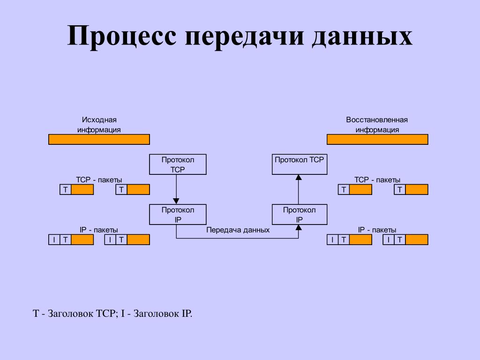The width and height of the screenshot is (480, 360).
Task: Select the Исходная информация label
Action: (99, 125)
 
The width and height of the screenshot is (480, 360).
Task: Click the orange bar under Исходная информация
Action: (99, 139)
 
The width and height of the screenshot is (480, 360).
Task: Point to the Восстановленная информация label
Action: (377, 125)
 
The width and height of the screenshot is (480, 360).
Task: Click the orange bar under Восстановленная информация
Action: (377, 139)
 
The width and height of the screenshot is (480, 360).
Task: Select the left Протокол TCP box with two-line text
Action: (178, 165)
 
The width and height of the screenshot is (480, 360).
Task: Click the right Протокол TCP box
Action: (300, 165)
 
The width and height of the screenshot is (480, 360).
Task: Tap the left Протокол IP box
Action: (178, 214)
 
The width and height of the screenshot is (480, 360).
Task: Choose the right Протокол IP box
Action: (300, 214)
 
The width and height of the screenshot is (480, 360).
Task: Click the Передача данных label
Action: (238, 230)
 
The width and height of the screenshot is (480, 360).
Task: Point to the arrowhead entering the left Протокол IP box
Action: (176, 202)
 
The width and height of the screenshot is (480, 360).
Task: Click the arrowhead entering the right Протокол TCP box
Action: (298, 177)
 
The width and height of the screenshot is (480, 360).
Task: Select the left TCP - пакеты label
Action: (99, 180)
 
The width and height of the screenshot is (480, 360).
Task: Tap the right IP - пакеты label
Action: (377, 230)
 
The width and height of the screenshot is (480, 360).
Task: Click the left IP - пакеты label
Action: (99, 230)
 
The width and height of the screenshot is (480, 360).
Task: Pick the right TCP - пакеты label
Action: (377, 180)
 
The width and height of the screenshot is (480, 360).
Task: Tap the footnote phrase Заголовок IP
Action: (162, 314)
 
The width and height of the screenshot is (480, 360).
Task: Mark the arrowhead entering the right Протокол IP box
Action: (298, 227)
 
